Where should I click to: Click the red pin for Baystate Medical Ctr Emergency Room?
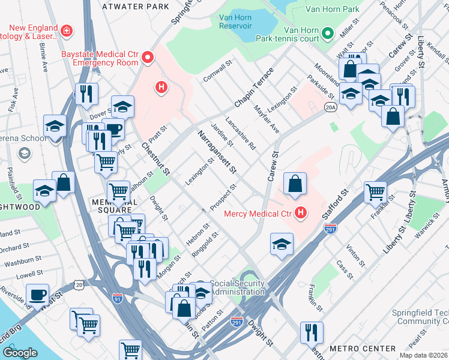(x=148, y=58)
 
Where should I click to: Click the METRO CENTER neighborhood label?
(x=363, y=348)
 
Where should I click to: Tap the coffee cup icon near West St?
(x=38, y=295)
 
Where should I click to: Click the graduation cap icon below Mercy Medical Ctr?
(x=281, y=244)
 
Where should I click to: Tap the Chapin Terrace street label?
(x=253, y=88)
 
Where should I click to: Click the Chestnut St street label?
(x=155, y=160)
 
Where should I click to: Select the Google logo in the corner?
(x=20, y=352)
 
